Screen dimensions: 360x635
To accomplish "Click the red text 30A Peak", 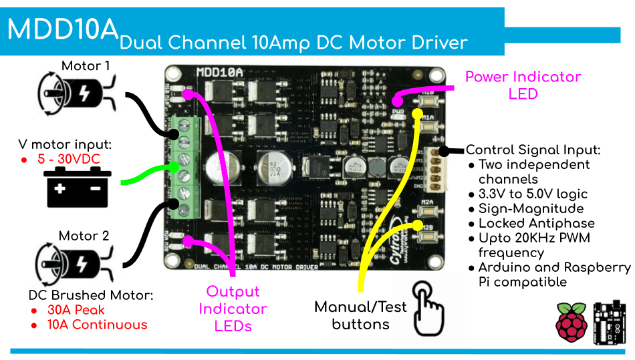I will click(x=76, y=311).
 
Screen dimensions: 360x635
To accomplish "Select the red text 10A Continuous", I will click(x=97, y=325).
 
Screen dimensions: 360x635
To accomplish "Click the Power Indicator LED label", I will click(x=523, y=85).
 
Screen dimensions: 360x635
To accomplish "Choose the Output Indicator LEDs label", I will click(x=232, y=309).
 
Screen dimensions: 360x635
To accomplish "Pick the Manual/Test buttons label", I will click(x=360, y=315).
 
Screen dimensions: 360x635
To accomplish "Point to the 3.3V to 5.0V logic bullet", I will click(x=533, y=194).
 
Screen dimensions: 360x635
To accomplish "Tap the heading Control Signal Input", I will click(x=533, y=150).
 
